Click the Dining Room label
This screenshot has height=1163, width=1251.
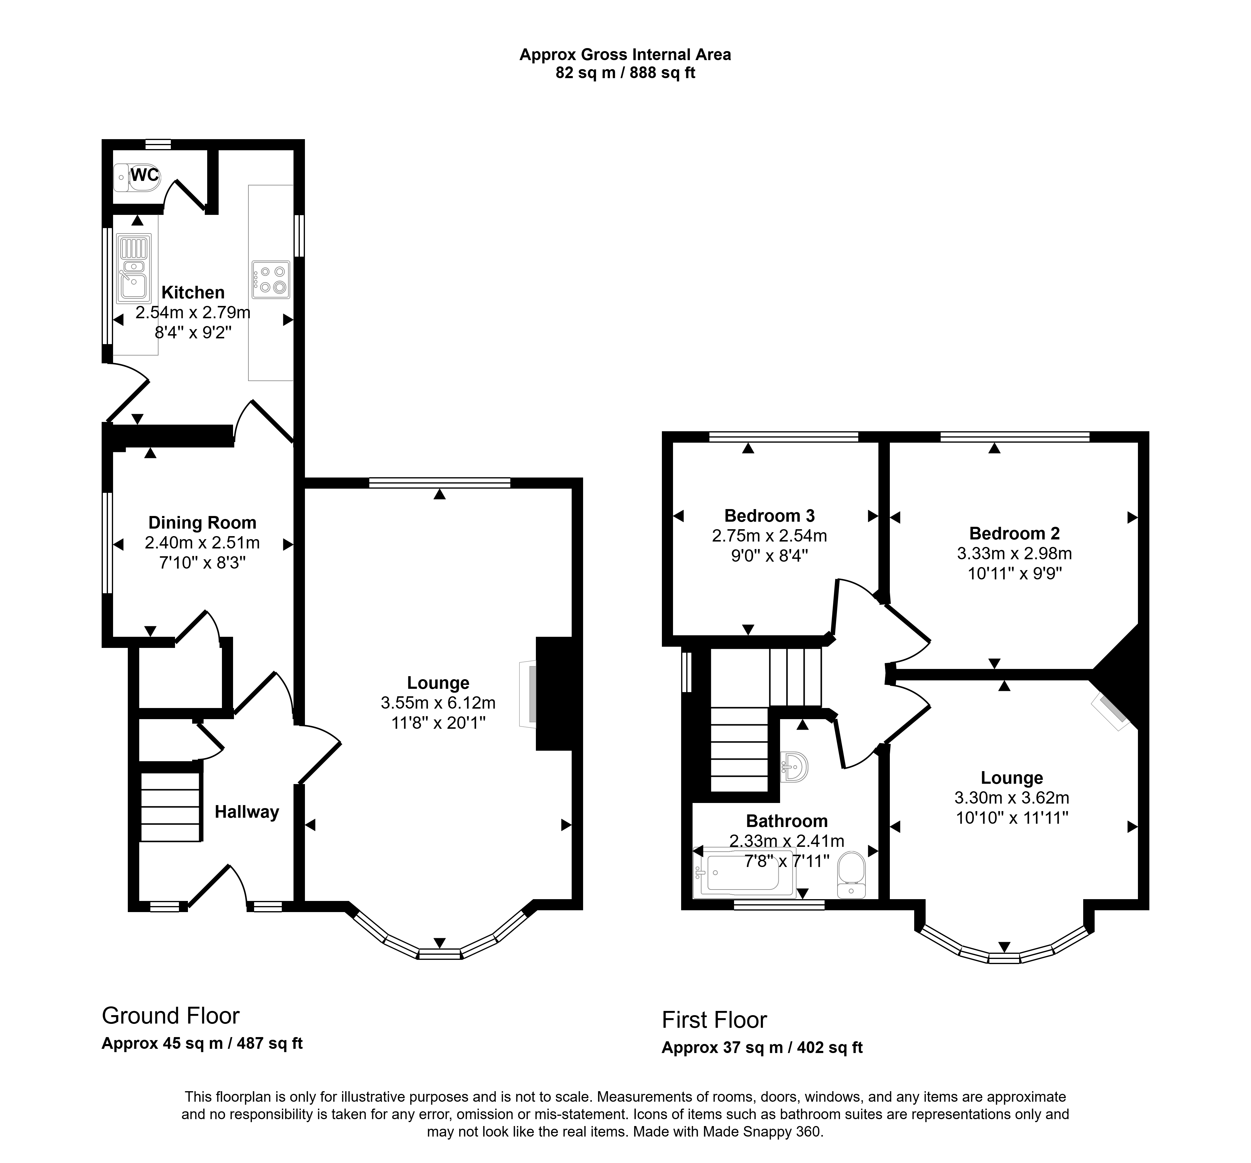(202, 523)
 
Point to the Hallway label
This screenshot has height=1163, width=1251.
(247, 812)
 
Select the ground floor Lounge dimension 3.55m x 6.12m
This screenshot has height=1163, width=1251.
(438, 703)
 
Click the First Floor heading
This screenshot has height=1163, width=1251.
(714, 1020)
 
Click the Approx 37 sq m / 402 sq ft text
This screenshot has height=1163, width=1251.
(762, 1047)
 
